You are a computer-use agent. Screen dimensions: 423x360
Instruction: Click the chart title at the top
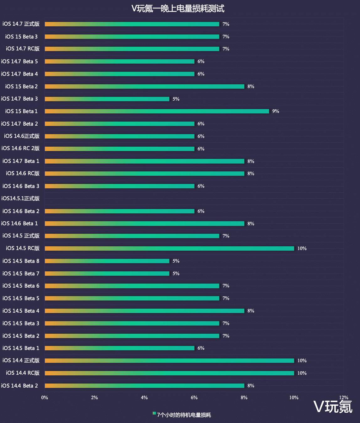(178, 8)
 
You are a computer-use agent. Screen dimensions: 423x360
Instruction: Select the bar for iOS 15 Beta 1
(157, 111)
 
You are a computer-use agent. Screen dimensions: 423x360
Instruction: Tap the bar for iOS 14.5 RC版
(169, 248)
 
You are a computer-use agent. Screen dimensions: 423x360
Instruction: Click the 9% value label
(276, 111)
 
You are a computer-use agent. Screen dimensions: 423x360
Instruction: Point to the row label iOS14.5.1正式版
(20, 198)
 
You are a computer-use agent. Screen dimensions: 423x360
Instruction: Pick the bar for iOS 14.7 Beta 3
(107, 99)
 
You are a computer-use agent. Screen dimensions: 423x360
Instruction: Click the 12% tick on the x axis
(344, 398)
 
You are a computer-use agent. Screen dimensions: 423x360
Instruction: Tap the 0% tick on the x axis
(45, 398)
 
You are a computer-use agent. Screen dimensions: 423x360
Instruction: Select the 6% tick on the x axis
(194, 398)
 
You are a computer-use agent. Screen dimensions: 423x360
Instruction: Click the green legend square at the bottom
(154, 413)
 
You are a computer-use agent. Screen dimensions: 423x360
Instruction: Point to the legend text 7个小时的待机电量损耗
(184, 415)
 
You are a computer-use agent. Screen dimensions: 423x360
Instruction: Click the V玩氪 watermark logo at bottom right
(333, 407)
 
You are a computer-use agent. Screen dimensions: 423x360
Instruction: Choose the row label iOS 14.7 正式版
(21, 24)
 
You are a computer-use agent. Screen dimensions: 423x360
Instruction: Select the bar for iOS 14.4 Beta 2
(144, 386)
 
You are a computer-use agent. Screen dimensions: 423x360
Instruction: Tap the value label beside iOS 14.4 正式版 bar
(302, 361)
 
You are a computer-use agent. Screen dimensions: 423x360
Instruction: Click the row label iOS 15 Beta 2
(21, 86)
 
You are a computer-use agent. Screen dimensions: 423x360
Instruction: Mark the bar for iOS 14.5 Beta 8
(107, 261)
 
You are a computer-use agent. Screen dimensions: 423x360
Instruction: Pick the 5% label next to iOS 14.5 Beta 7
(176, 274)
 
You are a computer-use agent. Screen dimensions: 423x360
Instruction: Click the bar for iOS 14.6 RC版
(144, 174)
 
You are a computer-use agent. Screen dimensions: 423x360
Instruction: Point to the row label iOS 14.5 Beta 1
(21, 348)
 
